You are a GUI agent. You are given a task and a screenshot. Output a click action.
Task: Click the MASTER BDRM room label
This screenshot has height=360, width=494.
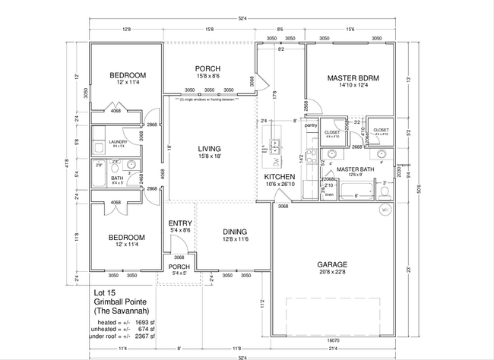pos(353,78)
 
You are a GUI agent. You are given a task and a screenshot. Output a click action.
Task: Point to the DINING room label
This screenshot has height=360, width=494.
pos(236,232)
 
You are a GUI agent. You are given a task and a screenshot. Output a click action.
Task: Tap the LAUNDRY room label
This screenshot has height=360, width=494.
pos(117,141)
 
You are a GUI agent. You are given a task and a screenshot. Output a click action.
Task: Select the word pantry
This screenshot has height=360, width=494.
pos(311,125)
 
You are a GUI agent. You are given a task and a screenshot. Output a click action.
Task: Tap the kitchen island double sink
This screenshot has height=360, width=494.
pos(274,143)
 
